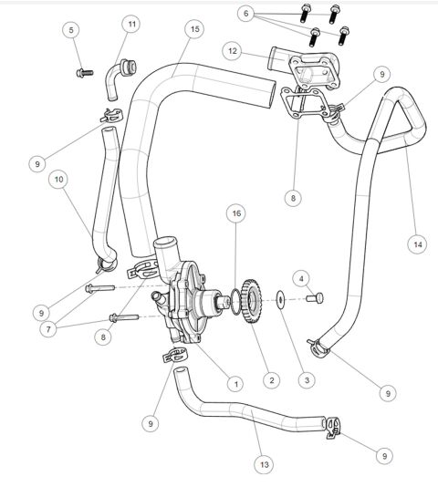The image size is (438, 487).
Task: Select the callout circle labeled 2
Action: [x=270, y=378]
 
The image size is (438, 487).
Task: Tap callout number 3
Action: [x=307, y=379]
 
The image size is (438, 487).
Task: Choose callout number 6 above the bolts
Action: [x=245, y=13]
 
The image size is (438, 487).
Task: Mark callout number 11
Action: [x=132, y=24]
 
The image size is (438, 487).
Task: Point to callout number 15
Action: [x=194, y=30]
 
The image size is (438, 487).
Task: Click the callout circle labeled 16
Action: [x=236, y=213]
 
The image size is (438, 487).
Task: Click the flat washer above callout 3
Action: [x=281, y=298]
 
